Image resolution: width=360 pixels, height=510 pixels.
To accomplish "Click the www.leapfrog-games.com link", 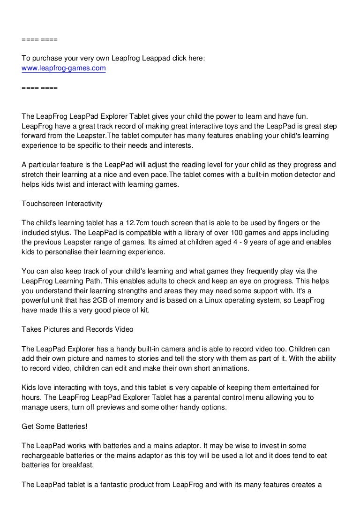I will coord(64,69).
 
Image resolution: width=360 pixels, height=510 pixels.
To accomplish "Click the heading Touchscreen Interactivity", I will coord(62,204).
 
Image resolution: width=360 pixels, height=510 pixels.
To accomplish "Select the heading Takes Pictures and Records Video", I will coord(77,329).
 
